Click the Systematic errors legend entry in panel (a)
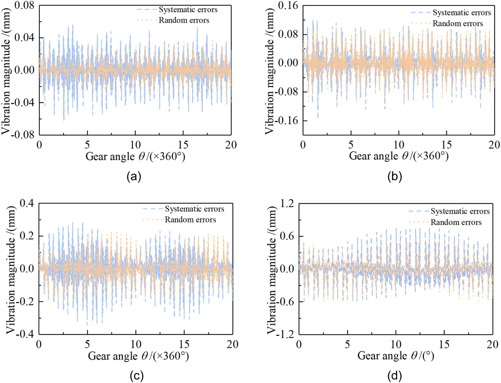click(188, 10)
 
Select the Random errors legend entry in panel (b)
click(458, 24)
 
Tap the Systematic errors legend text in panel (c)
click(194, 209)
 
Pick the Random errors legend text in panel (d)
click(456, 222)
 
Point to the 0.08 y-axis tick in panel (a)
click(24, 6)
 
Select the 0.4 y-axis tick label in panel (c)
click(27, 203)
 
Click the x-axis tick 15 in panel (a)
click(183, 145)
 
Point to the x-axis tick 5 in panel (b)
click(351, 145)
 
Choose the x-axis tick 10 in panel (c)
click(136, 344)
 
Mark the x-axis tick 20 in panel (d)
click(492, 344)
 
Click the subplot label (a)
click(134, 176)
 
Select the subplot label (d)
click(394, 376)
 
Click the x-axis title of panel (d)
click(396, 356)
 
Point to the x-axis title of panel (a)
click(135, 156)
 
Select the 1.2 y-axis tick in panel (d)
click(287, 203)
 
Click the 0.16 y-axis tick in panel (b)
click(288, 6)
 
